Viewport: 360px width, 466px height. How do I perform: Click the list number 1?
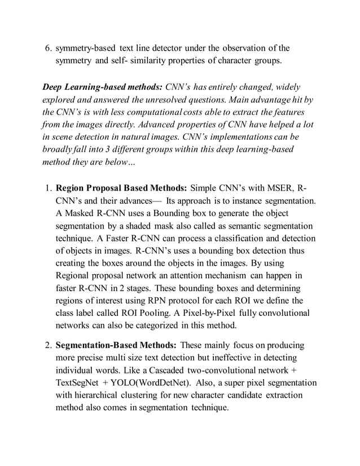click(47, 188)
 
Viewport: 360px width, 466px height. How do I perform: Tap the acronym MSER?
click(278, 188)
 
